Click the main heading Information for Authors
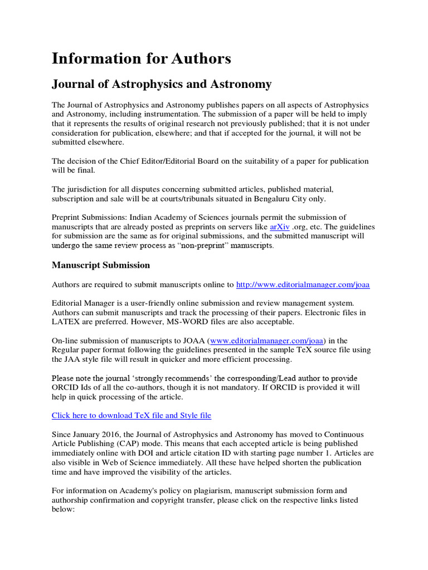click(x=141, y=58)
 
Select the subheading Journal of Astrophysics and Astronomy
click(x=162, y=84)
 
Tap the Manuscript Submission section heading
click(x=101, y=265)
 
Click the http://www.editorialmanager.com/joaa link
click(x=303, y=284)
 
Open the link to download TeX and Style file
click(x=132, y=415)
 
